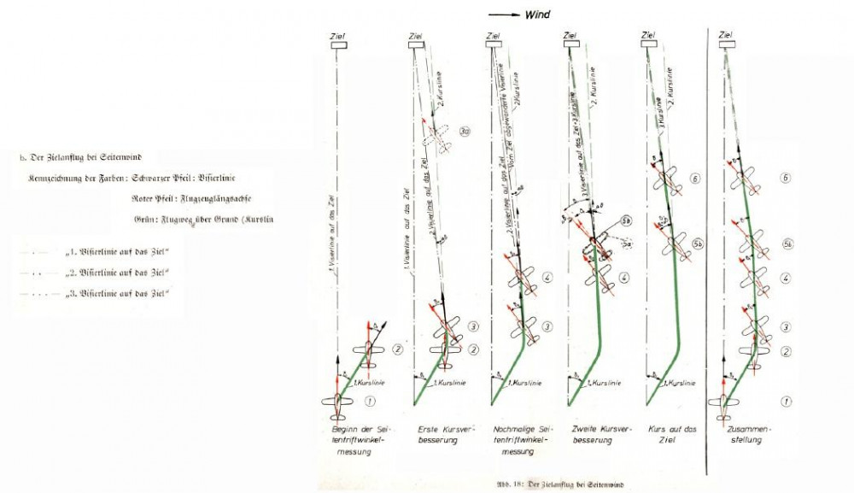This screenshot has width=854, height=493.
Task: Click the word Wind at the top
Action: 538,15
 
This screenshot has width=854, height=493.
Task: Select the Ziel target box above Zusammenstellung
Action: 726,46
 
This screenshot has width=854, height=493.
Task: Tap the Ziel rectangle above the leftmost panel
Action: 338,47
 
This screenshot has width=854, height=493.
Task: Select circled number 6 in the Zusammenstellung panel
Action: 787,179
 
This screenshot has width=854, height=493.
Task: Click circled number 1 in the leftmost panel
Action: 370,401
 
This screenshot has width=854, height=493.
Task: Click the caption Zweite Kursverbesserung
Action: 593,434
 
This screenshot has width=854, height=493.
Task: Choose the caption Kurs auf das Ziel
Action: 669,434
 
